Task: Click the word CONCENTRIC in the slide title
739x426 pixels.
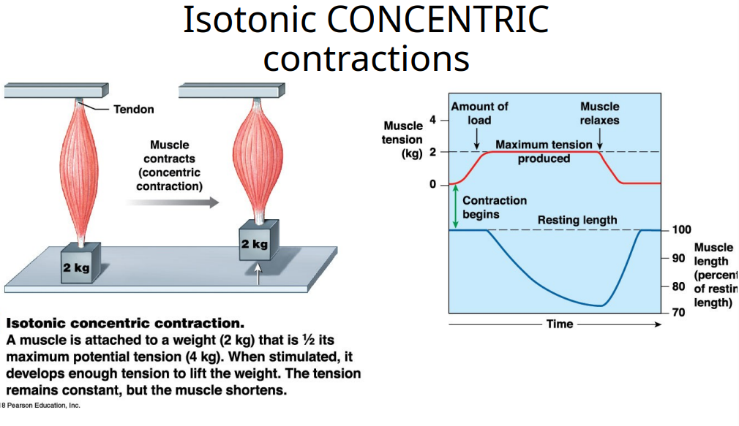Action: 438,20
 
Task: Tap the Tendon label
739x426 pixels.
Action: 134,110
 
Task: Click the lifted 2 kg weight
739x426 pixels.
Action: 255,243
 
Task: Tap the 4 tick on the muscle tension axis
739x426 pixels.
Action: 433,120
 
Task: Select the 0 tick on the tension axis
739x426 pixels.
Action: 433,184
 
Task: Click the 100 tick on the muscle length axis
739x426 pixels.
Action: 681,230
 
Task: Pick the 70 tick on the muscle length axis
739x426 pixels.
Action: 678,313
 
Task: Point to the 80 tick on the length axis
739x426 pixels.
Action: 678,286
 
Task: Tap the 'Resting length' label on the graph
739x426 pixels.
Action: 577,220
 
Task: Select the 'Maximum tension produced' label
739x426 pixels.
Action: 544,151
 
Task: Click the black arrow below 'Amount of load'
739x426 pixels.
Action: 477,137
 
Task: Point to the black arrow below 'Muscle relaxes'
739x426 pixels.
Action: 599,137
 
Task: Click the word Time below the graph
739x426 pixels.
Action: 560,324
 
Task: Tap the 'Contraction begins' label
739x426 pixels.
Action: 494,207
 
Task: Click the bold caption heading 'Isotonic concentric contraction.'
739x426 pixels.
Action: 125,323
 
